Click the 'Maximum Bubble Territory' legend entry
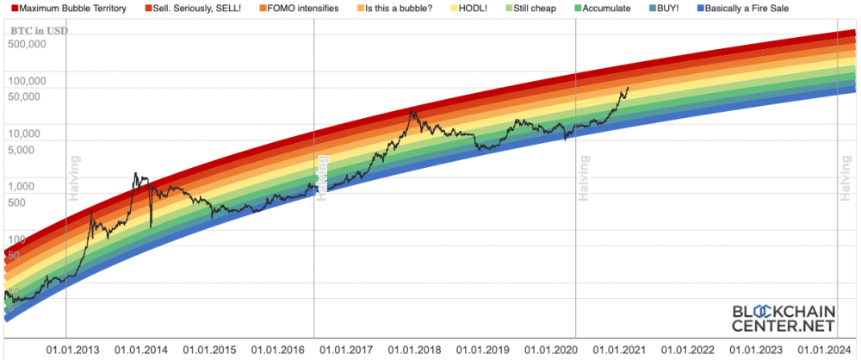point(73,9)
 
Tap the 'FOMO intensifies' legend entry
point(303,9)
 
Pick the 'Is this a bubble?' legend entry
point(400,9)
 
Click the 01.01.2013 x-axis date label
point(73,351)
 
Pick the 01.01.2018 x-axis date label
point(415,351)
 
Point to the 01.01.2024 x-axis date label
point(825,351)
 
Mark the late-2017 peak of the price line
point(413,109)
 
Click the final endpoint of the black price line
point(628,87)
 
